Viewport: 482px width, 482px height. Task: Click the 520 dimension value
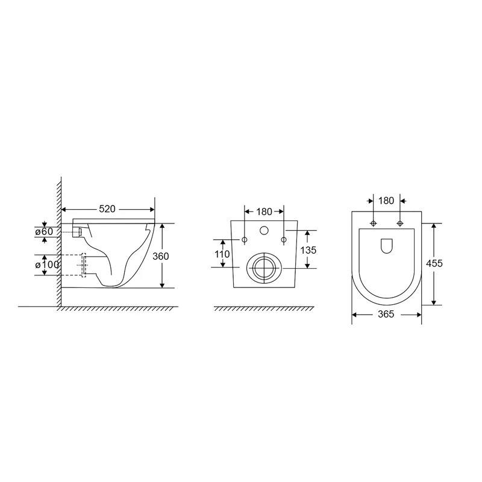coord(107,209)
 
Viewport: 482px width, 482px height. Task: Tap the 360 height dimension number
coord(160,256)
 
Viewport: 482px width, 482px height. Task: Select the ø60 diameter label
coord(44,231)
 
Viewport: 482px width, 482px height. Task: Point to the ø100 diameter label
coord(47,264)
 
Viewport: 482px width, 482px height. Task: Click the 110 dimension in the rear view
coord(222,254)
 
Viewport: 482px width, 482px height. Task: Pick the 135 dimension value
coord(308,250)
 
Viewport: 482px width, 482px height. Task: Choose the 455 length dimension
coord(434,263)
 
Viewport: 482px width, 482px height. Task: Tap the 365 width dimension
coord(386,314)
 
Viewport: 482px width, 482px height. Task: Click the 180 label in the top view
coord(386,201)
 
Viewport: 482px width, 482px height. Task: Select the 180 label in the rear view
coord(264,211)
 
